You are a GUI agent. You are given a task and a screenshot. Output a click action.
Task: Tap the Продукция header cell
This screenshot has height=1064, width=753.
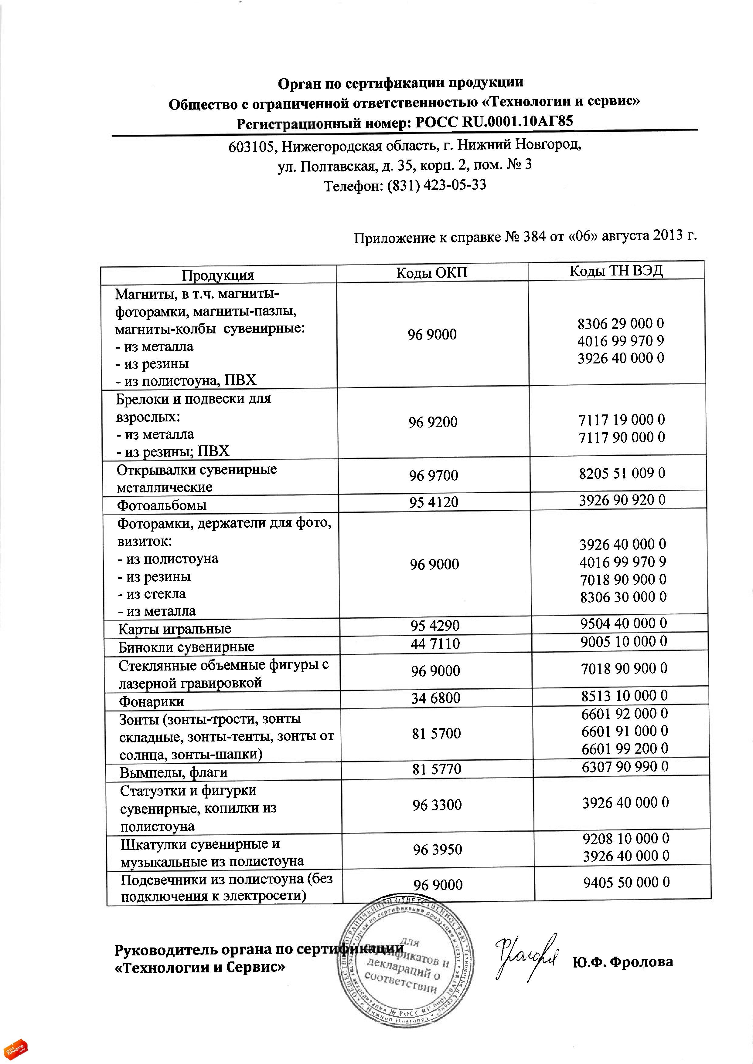click(x=218, y=275)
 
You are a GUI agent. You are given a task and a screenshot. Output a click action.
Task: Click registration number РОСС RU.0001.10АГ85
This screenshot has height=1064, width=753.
click(x=494, y=122)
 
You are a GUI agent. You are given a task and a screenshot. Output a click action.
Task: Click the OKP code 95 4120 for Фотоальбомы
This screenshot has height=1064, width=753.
click(x=434, y=502)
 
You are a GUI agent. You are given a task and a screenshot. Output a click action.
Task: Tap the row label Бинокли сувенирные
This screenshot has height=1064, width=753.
click(x=186, y=647)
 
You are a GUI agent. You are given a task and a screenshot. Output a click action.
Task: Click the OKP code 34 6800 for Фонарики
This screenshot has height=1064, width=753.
click(x=435, y=698)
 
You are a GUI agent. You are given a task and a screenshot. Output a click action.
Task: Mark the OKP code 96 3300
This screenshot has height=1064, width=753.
click(x=437, y=805)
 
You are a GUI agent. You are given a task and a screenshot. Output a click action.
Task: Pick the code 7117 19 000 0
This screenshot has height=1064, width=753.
click(x=621, y=420)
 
